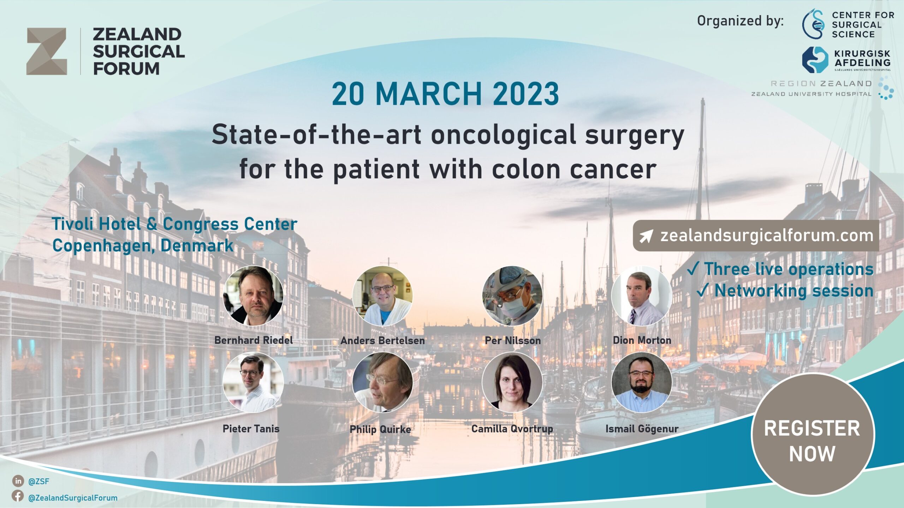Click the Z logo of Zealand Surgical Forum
coord(47,51)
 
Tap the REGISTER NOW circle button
coord(813,434)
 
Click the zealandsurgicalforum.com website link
coord(767,235)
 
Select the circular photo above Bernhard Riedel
coord(253,296)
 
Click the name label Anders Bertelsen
coord(382,340)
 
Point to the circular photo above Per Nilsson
coord(512,296)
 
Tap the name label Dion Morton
coord(642,340)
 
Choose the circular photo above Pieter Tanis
coord(253,382)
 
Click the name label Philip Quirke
coord(380,429)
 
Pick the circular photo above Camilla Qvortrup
coord(512,382)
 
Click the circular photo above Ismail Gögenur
coord(642,382)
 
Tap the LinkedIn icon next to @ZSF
coord(18,481)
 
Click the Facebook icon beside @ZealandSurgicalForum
coord(18,496)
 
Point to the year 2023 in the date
coord(526,94)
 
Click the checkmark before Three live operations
coord(693,269)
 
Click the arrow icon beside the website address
coord(646,236)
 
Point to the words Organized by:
coord(740,21)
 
